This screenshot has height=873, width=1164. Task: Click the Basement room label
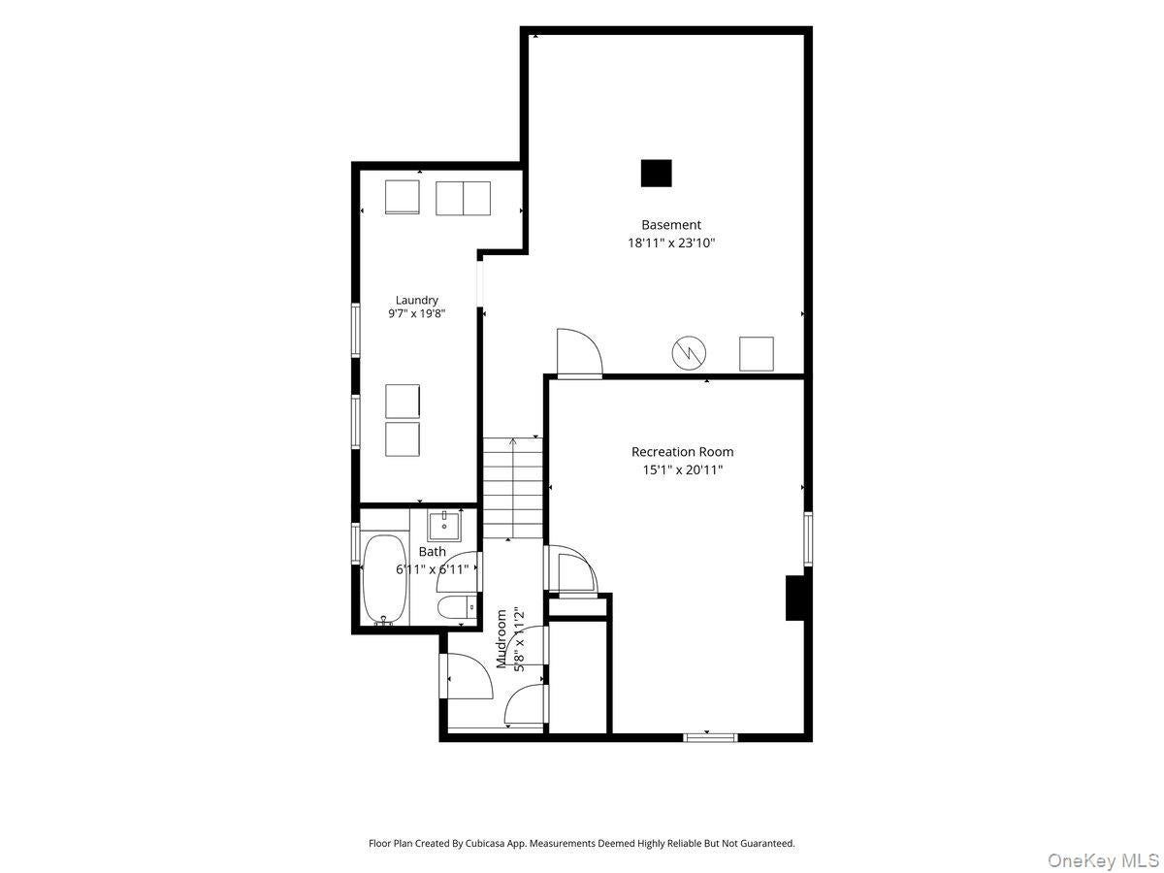(x=671, y=225)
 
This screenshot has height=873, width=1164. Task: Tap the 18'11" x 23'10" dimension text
(x=671, y=242)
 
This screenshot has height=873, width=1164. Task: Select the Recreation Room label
(x=682, y=452)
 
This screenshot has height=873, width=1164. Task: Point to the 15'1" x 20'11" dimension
(x=683, y=469)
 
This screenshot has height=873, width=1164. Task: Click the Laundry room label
(x=417, y=300)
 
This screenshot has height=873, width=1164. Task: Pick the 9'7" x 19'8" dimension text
(x=416, y=313)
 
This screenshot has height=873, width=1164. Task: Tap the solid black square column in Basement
(x=656, y=174)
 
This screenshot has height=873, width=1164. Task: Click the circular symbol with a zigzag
(x=689, y=353)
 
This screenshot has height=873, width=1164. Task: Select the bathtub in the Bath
(x=385, y=580)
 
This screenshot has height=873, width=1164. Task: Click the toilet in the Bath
(x=457, y=607)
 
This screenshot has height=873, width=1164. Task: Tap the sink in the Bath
(x=444, y=526)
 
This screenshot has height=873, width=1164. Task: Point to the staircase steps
(x=512, y=488)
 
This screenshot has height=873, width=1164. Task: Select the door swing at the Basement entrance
(x=580, y=352)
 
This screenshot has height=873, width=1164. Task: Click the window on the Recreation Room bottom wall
(x=709, y=737)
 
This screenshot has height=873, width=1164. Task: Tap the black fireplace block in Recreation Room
(x=795, y=598)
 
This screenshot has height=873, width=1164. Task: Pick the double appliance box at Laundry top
(x=463, y=198)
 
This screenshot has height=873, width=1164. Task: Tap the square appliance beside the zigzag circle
(x=757, y=353)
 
